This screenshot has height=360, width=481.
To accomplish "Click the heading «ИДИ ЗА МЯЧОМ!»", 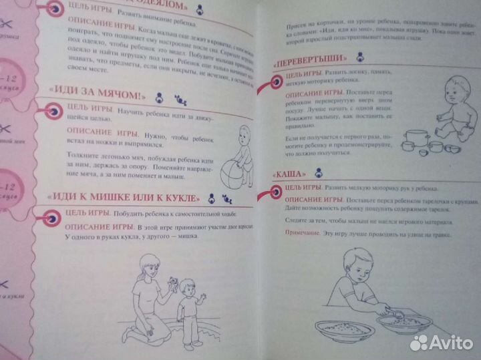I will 90,94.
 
